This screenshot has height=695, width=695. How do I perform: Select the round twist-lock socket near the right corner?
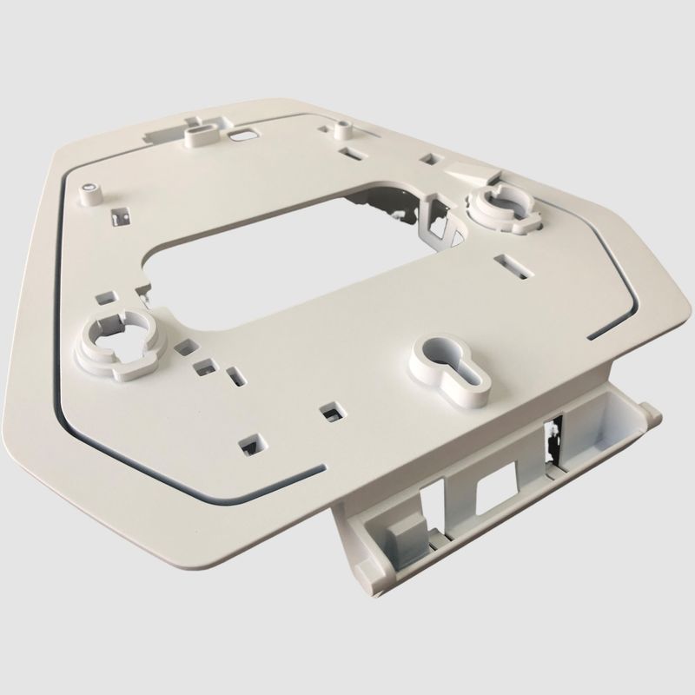(x=501, y=201)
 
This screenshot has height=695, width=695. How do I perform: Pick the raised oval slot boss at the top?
(x=200, y=134)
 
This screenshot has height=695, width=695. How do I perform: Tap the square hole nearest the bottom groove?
(x=251, y=446)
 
